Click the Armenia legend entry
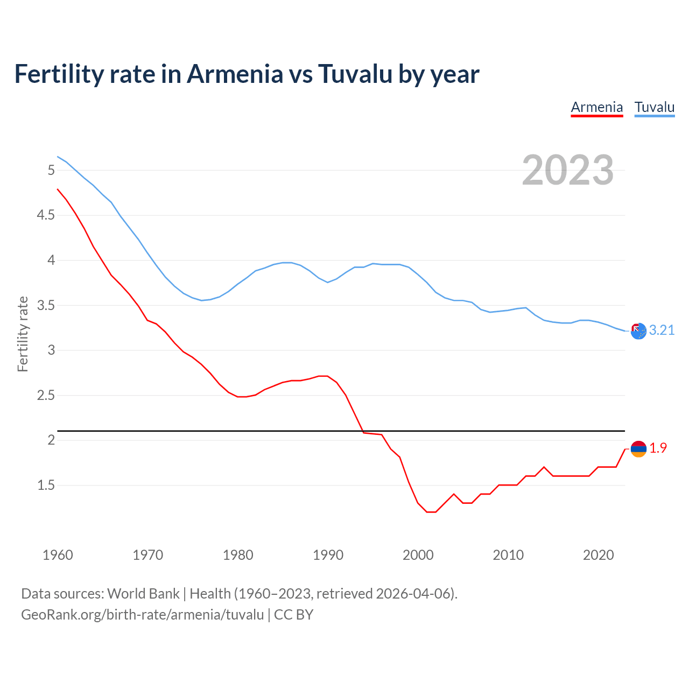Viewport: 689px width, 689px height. click(596, 107)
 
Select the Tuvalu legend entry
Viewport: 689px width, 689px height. click(654, 107)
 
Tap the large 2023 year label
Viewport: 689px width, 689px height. click(567, 170)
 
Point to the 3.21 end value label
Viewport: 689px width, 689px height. click(662, 330)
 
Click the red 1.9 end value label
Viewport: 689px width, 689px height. click(658, 448)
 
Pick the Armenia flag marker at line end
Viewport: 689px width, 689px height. click(638, 448)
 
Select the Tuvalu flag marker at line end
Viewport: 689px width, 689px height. click(638, 331)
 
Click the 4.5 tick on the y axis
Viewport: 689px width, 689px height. click(46, 215)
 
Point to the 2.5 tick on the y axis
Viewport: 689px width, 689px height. click(46, 395)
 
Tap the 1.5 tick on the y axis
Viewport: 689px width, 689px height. click(46, 485)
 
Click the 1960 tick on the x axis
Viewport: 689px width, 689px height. click(58, 555)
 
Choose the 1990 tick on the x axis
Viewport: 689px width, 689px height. click(328, 555)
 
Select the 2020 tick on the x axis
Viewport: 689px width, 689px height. click(598, 555)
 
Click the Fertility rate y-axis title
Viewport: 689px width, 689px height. click(23, 334)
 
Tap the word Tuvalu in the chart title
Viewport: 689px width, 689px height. click(355, 74)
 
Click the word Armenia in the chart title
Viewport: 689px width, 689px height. click(234, 74)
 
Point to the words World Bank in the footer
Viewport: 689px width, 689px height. click(143, 594)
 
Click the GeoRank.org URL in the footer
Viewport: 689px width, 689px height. click(142, 615)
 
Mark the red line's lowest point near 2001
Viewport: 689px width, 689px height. click(431, 512)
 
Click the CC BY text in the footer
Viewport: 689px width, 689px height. click(293, 615)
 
